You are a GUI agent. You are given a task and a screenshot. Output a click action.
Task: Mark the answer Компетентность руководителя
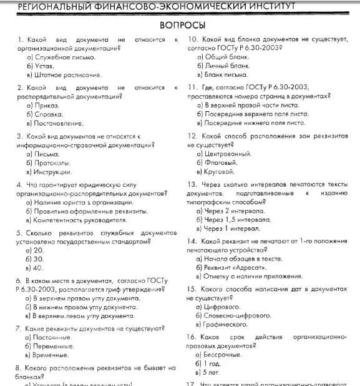[75, 220]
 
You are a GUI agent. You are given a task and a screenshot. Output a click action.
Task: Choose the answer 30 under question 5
[38, 259]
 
